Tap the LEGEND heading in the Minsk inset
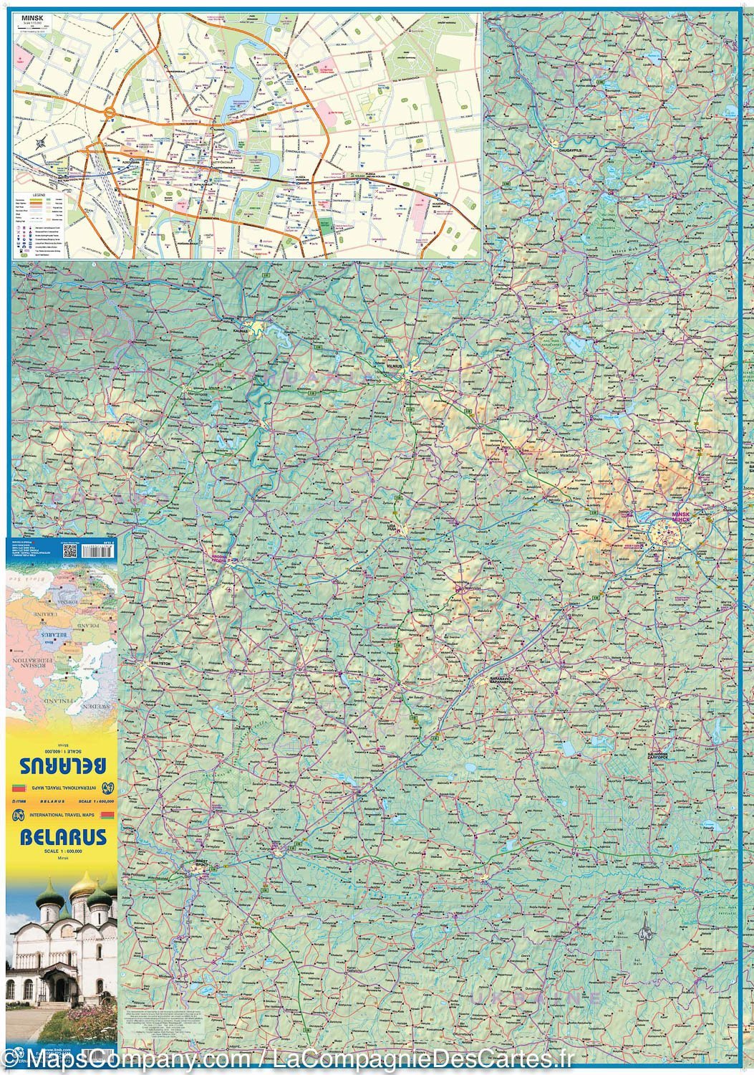coord(38,194)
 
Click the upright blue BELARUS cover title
coord(63,837)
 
